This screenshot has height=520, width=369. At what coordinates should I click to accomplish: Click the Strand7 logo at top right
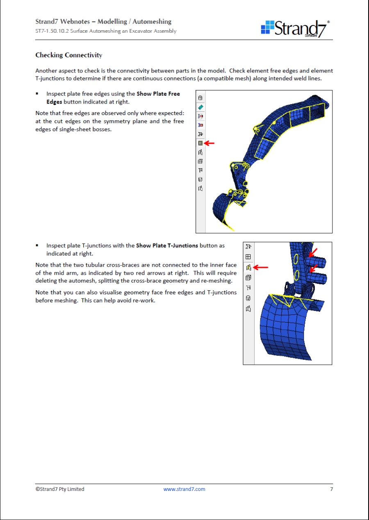coord(295,28)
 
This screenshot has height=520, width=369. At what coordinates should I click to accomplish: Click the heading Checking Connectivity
coord(68,55)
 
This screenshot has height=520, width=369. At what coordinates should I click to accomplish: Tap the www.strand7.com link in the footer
coord(184,489)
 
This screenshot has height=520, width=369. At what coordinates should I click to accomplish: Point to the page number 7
coord(331,489)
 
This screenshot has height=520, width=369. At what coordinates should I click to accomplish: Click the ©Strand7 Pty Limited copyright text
coord(60,489)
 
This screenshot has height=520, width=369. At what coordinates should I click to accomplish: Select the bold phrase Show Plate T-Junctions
coord(167,246)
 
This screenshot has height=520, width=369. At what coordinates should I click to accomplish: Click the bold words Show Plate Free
coord(158,94)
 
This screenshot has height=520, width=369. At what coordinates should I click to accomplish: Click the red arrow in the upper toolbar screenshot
coord(210,143)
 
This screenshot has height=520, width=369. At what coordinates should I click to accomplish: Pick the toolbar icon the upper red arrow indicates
coord(200,143)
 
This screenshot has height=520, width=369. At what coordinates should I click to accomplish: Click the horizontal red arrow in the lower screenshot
coord(261,267)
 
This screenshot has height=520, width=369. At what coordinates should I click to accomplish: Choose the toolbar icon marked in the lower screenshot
coord(248,268)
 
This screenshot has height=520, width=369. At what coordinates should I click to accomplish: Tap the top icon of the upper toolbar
coord(200,98)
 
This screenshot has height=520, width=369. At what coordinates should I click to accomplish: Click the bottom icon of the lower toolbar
coord(248,309)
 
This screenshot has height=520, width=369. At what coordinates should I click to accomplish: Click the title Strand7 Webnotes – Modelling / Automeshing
coord(103,22)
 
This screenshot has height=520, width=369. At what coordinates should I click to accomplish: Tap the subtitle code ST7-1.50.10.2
coord(52,31)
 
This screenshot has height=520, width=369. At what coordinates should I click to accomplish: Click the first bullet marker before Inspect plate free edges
coord(37,94)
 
